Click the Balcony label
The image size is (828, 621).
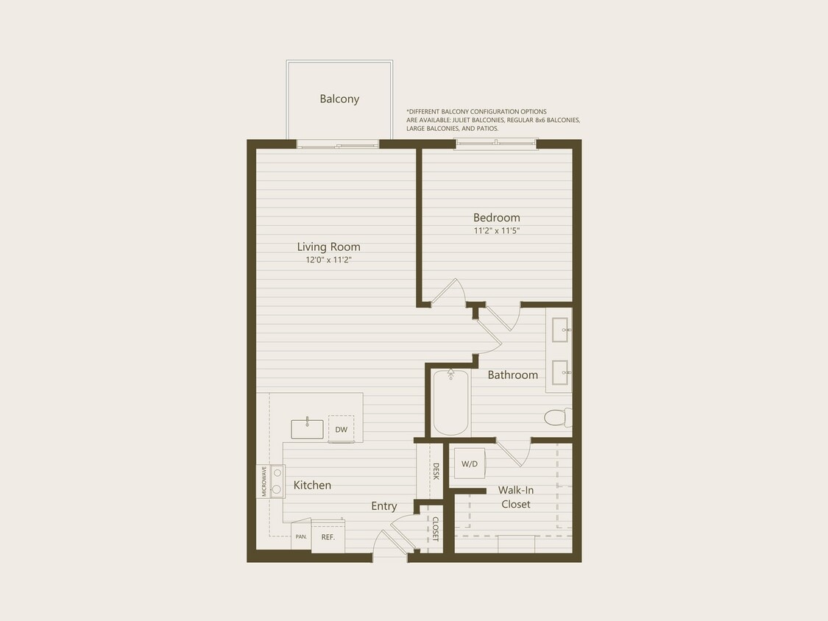click(x=339, y=99)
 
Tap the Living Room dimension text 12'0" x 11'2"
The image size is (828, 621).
click(x=328, y=260)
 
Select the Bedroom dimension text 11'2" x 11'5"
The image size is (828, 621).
click(x=497, y=230)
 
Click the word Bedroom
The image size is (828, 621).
click(x=497, y=218)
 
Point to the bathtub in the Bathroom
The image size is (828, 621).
click(x=451, y=403)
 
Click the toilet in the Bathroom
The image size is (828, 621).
click(x=557, y=418)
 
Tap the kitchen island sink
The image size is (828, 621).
click(x=307, y=428)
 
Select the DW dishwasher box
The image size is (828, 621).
click(x=341, y=430)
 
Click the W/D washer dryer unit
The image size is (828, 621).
click(x=469, y=464)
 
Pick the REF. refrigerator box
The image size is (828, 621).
click(x=328, y=537)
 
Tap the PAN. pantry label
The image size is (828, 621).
click(x=301, y=537)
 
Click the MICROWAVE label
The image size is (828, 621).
click(x=263, y=481)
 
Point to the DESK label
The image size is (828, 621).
click(x=436, y=472)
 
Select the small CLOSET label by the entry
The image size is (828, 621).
click(x=435, y=529)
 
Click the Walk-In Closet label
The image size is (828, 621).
click(x=515, y=497)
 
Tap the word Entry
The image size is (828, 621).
click(x=384, y=506)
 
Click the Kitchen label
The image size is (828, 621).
click(x=312, y=486)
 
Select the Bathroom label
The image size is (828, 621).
click(x=513, y=375)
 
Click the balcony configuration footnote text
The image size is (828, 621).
click(x=493, y=120)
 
